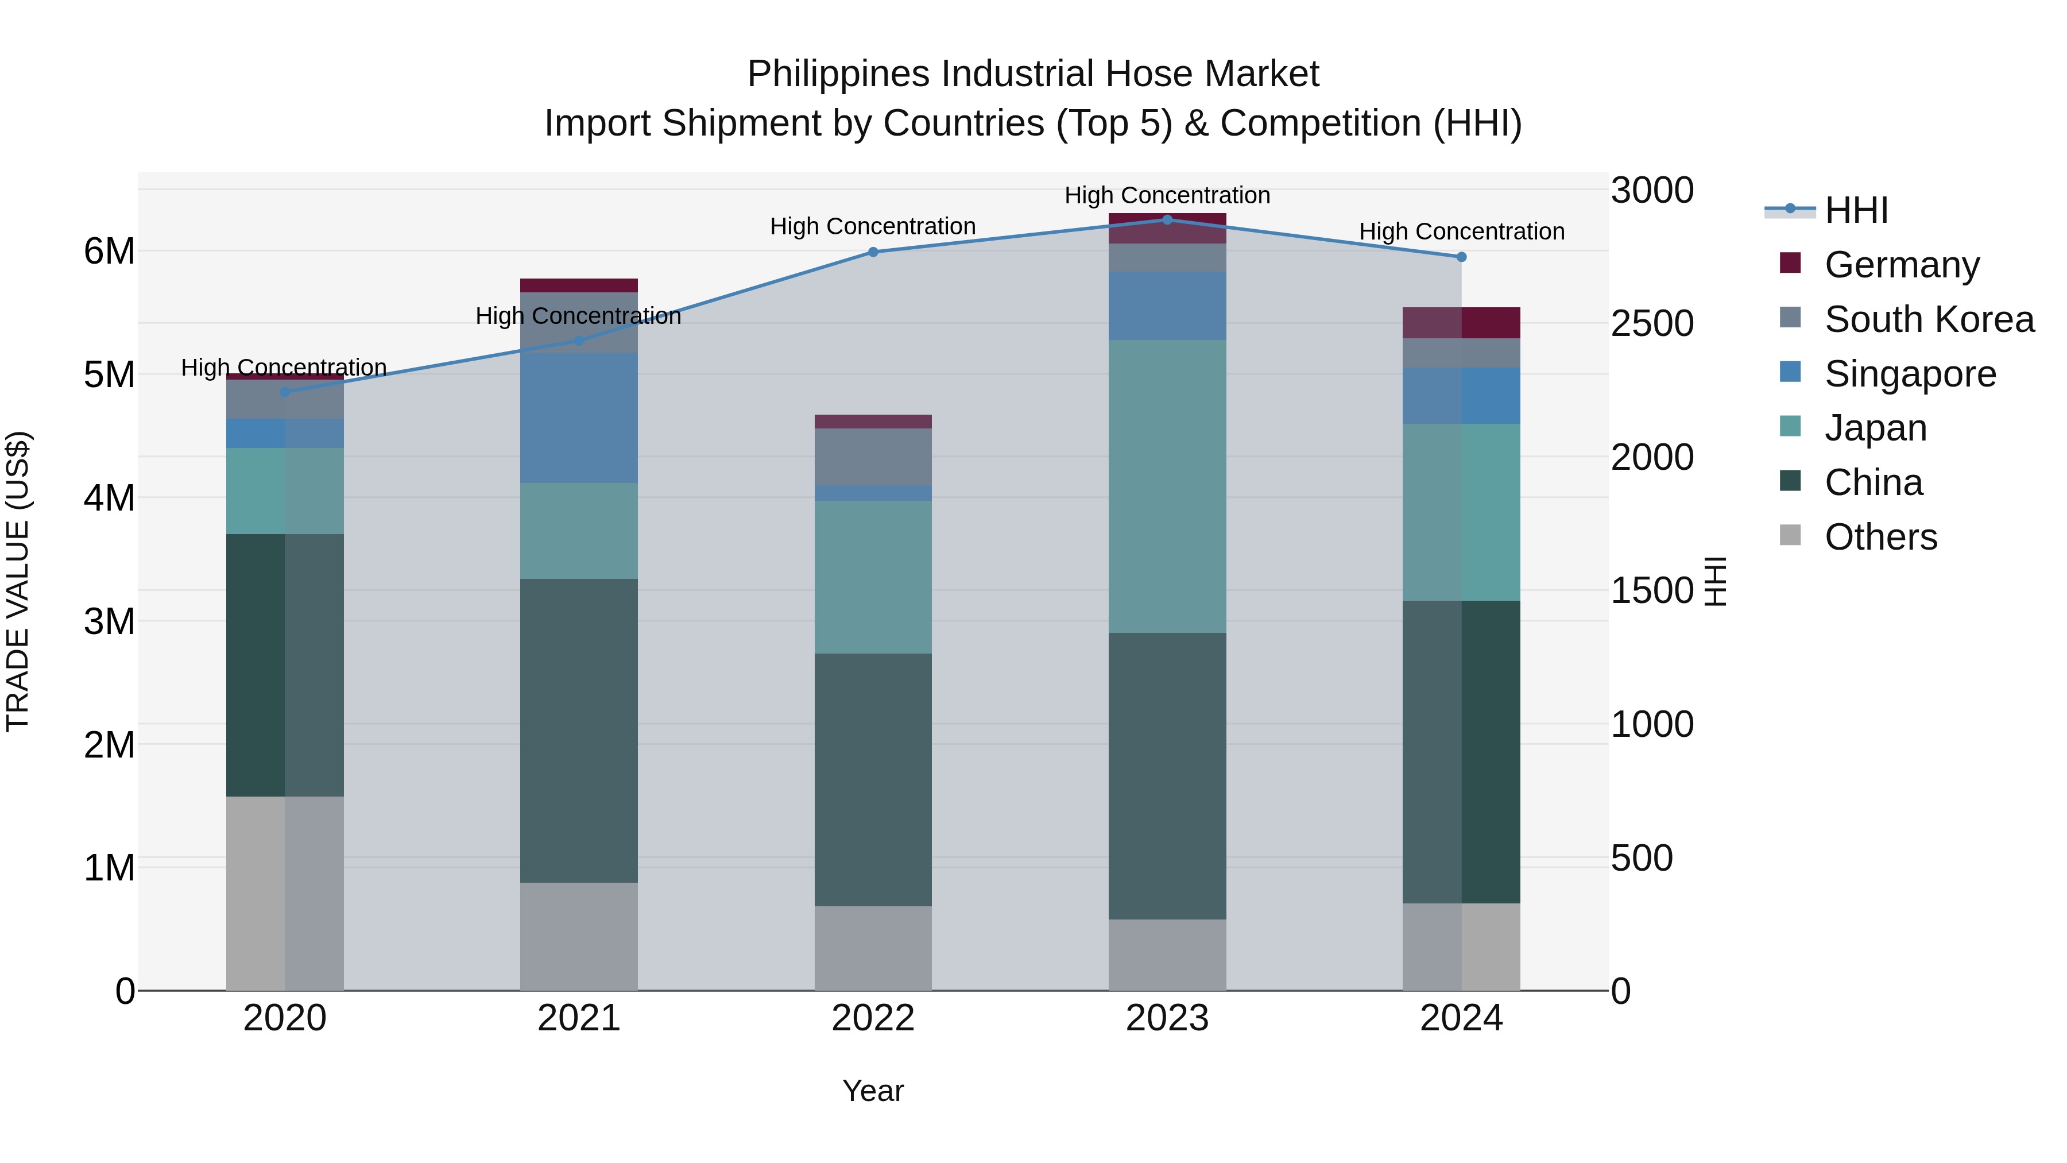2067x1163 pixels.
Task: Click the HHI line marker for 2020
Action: tap(284, 392)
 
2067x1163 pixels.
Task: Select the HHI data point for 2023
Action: tap(1167, 220)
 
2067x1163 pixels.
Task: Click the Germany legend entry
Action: tap(1901, 265)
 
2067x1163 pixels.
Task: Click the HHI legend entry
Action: tap(1855, 210)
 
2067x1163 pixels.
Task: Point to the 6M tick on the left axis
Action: tap(109, 251)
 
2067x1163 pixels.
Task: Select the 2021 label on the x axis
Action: tap(579, 1018)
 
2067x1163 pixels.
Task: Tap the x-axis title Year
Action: tap(873, 1091)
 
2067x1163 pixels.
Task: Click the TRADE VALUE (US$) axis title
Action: tap(18, 581)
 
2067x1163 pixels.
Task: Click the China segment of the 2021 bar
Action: tap(579, 731)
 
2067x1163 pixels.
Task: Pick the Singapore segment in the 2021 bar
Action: tap(579, 418)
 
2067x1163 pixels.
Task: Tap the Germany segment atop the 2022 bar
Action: tap(873, 422)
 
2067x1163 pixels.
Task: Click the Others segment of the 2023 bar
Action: tap(1167, 955)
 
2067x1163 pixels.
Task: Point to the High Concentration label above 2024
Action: tap(1461, 231)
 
